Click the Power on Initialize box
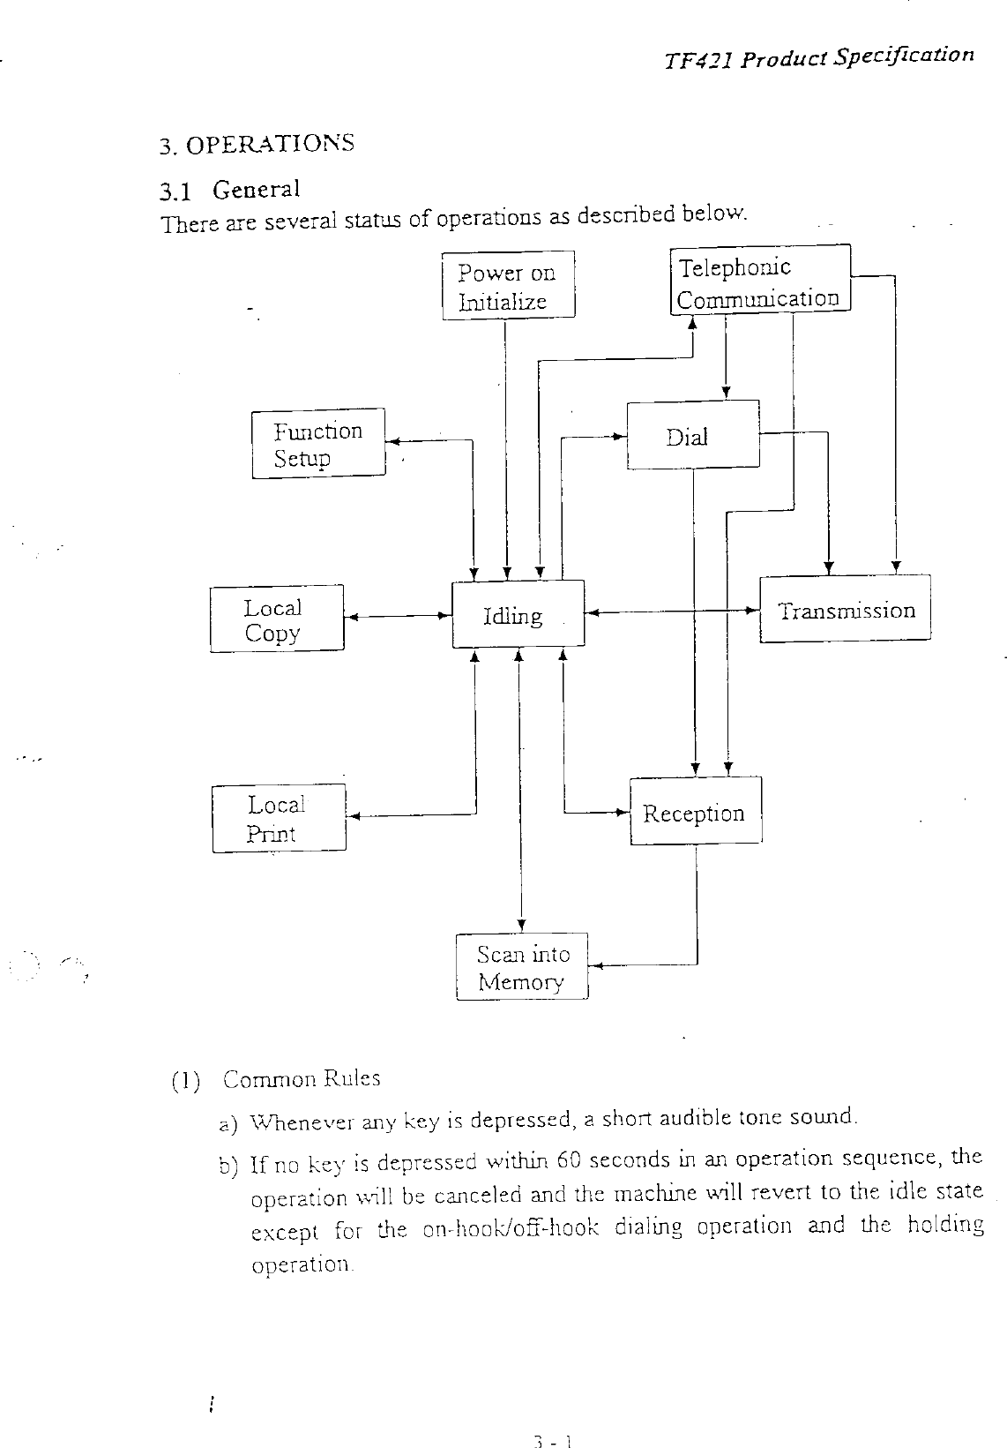(x=508, y=285)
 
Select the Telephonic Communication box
(x=760, y=281)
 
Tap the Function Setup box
(x=318, y=444)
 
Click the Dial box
(x=692, y=434)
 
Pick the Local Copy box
(x=277, y=619)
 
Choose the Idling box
(x=518, y=614)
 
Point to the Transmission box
(x=845, y=610)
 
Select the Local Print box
(x=279, y=819)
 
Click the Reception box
(x=695, y=812)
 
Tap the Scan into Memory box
(x=522, y=967)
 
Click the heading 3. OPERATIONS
(x=257, y=144)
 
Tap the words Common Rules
(x=302, y=1078)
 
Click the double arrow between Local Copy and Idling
(x=398, y=617)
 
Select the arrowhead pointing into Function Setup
(x=393, y=441)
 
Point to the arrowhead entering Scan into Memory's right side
(x=595, y=966)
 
